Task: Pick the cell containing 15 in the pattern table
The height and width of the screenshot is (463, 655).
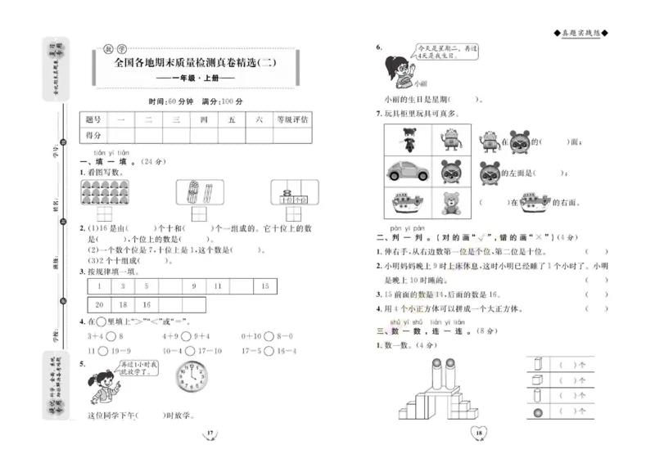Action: [x=264, y=286]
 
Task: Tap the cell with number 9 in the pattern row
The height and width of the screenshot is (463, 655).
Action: [x=194, y=286]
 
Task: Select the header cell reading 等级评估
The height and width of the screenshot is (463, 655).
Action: [x=292, y=119]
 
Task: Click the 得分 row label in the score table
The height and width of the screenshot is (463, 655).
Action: [x=93, y=135]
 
